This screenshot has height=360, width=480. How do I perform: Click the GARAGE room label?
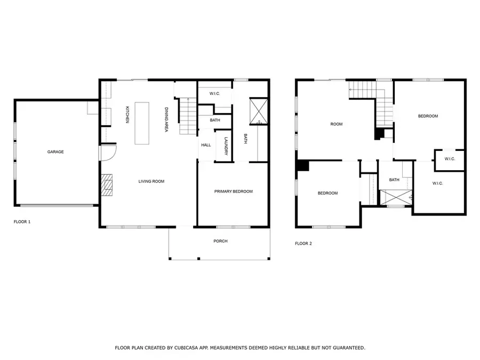55,152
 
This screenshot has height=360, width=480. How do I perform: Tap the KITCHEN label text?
127,115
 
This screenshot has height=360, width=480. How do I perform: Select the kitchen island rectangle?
142,123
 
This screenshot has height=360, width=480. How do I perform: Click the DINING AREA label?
166,120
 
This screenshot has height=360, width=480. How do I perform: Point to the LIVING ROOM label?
151,181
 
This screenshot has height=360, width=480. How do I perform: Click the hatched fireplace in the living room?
108,185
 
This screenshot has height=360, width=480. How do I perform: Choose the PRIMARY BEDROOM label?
233,191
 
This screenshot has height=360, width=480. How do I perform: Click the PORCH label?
220,241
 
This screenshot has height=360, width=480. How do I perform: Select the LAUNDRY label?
226,146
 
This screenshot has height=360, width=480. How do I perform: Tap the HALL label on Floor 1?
206,145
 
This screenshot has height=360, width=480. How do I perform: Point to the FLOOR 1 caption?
22,221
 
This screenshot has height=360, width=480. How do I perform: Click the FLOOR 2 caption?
303,243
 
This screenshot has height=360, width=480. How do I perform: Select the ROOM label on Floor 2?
336,124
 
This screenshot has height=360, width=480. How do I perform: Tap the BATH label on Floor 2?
394,180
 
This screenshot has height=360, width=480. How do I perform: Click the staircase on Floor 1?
188,117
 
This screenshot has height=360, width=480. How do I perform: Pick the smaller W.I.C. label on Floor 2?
449,158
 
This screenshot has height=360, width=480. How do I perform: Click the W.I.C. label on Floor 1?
214,93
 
